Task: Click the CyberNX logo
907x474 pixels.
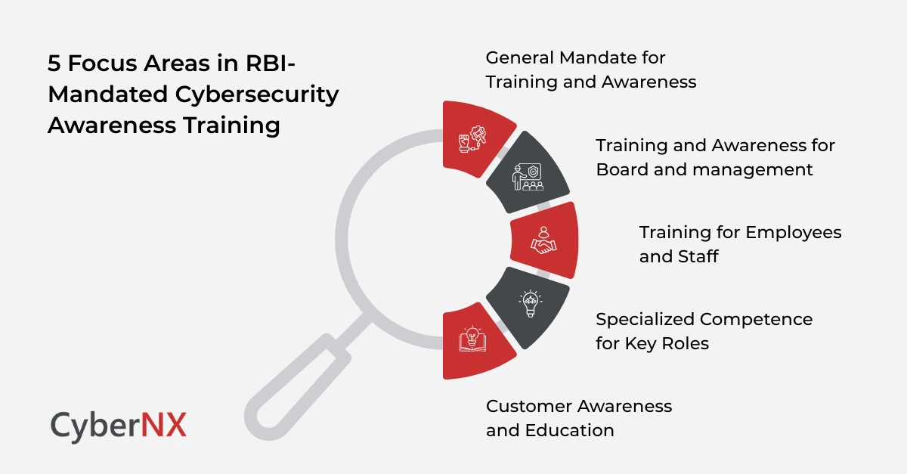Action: (118, 425)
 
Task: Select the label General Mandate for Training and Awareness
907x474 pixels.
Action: (590, 70)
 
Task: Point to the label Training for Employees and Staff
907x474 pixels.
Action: (740, 243)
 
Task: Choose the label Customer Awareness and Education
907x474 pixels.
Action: (578, 418)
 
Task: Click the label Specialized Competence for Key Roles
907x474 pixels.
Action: (704, 331)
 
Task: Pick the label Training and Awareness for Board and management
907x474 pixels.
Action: (715, 157)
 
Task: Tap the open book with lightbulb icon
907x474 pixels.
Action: (472, 339)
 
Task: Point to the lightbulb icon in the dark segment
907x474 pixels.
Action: (529, 305)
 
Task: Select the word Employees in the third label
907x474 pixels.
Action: (794, 231)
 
